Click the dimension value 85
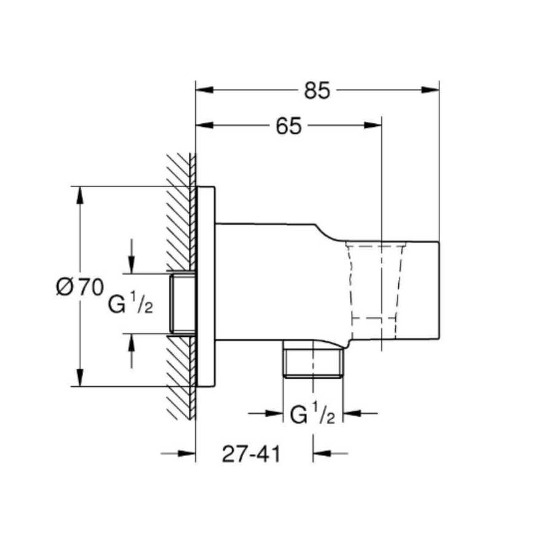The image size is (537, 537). pos(317,91)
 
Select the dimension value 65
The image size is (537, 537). pos(288,126)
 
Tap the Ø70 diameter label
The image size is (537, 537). pos(79,287)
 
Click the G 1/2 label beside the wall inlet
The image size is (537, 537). pos(131,304)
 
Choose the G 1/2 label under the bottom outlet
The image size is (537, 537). pos(312,415)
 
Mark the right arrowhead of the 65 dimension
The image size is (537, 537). pos(373,125)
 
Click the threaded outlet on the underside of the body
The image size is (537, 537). pos(313,362)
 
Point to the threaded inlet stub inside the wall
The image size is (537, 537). pos(182,304)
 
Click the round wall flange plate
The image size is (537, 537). pos(206,287)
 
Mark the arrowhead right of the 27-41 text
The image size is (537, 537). pos(322,454)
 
